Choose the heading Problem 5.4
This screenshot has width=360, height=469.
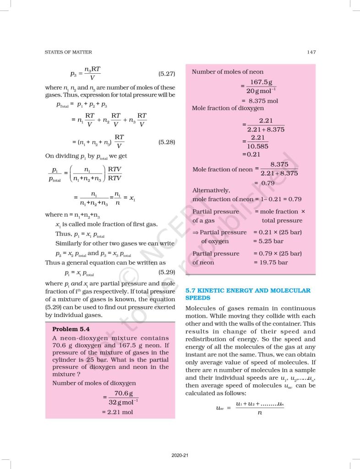[x=71, y=329]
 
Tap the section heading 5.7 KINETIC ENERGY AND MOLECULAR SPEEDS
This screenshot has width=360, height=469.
[x=248, y=294]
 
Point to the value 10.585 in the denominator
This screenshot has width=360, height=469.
[x=257, y=146]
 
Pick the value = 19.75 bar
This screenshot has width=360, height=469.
[x=270, y=262]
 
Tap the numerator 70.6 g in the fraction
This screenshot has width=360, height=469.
[x=120, y=393]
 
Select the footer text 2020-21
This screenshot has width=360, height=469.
[x=180, y=455]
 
